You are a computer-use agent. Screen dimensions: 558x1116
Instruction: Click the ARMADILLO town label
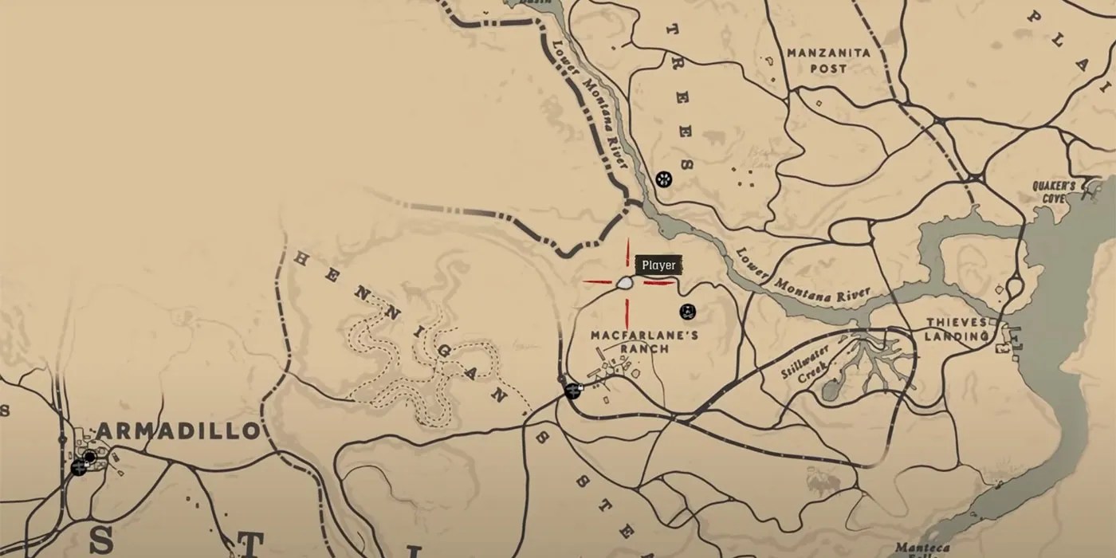tap(179, 431)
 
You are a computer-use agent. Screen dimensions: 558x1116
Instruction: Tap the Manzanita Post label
tap(828, 61)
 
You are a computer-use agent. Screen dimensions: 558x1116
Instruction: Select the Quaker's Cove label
tap(1054, 191)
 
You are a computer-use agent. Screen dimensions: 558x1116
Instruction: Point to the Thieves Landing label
tap(957, 329)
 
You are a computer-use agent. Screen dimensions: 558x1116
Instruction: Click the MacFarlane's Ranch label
tap(644, 342)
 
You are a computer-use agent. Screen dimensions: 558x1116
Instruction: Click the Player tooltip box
tap(658, 265)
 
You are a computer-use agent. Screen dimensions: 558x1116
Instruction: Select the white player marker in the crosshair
tap(626, 282)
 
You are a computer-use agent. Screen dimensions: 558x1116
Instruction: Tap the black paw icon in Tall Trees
tap(663, 179)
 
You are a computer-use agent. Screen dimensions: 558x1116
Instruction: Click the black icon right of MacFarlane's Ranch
tap(688, 311)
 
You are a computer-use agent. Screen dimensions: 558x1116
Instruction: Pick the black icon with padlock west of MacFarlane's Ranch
tap(572, 391)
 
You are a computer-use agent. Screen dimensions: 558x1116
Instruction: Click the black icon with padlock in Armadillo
tap(78, 467)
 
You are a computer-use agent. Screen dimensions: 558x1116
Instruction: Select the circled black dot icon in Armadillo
tap(90, 457)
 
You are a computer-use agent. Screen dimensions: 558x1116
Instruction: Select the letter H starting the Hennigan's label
tap(301, 258)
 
